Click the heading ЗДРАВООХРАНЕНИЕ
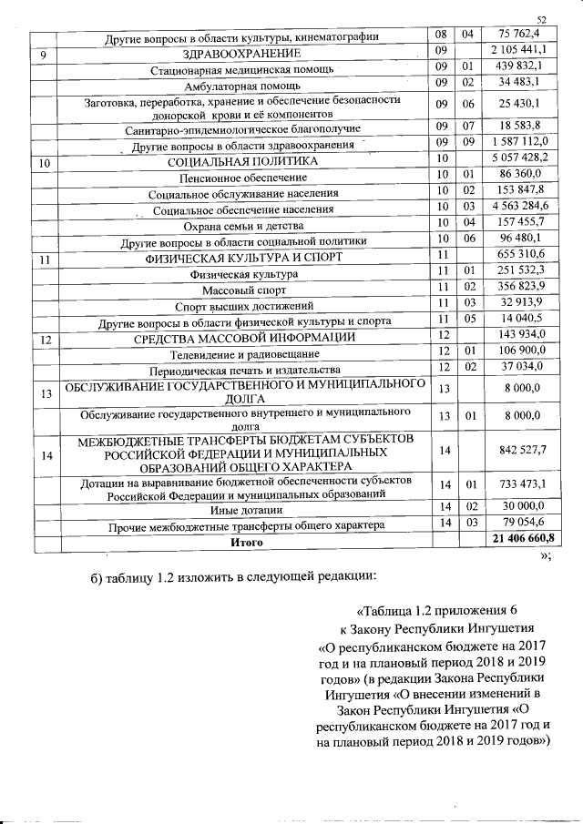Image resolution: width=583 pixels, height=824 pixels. [x=242, y=52]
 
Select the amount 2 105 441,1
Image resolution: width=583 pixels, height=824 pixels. [x=517, y=49]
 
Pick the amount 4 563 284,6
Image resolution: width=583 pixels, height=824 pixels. [x=517, y=208]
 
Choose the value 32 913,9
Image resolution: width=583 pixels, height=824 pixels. [x=517, y=302]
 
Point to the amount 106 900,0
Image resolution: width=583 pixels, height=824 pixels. [x=517, y=351]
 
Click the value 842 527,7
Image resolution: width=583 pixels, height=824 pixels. [x=517, y=450]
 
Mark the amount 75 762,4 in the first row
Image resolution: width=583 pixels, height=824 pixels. [x=517, y=34]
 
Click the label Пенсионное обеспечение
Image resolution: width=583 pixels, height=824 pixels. [x=242, y=177]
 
